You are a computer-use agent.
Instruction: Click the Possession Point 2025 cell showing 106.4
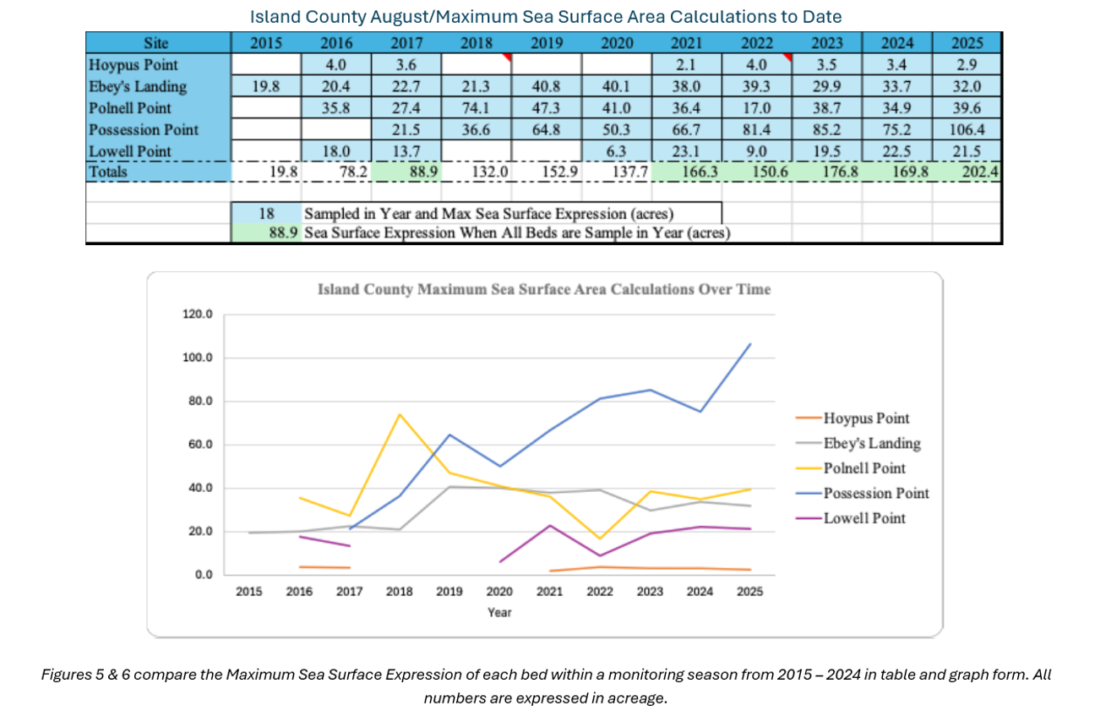(967, 130)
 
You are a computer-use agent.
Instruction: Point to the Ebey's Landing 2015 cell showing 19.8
(266, 86)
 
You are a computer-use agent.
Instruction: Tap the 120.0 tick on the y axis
(199, 315)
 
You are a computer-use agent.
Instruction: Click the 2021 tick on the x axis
(550, 592)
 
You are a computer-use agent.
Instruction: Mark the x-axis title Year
(499, 612)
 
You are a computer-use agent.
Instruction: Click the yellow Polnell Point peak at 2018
(400, 414)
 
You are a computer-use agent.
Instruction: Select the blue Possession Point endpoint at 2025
(750, 344)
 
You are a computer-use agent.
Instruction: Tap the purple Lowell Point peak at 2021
(550, 525)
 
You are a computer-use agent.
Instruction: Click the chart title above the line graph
(543, 290)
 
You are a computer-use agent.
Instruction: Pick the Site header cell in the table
(157, 43)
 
